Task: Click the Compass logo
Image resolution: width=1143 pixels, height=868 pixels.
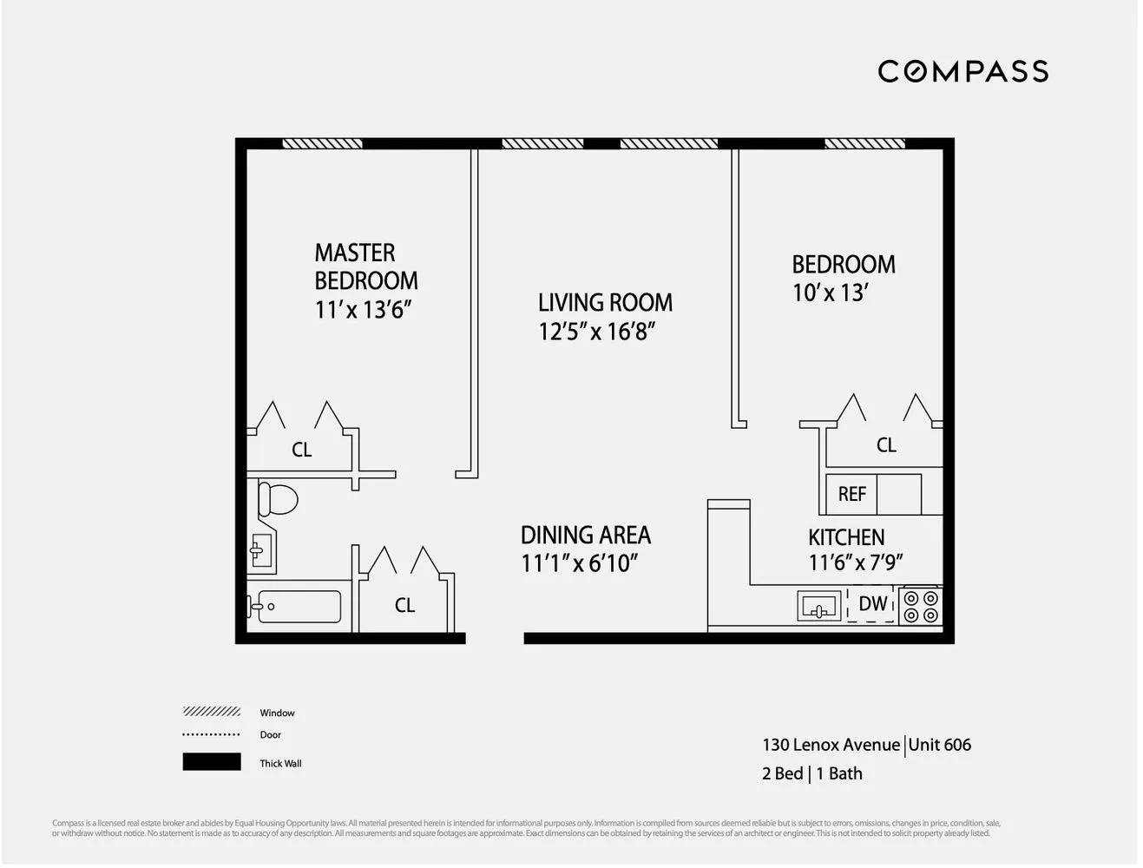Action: (962, 71)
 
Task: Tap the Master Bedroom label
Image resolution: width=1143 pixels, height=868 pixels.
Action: (365, 266)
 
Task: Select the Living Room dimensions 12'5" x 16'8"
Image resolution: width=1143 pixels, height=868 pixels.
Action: (596, 332)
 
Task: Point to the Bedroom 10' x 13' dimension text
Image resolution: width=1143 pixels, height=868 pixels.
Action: (830, 293)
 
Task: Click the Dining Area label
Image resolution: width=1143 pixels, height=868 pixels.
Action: (586, 535)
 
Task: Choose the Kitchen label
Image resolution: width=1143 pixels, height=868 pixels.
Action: (846, 537)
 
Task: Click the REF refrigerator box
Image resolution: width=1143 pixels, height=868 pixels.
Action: (851, 494)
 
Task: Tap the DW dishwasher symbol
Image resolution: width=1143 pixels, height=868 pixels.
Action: (872, 604)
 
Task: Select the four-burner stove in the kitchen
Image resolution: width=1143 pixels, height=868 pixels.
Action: (921, 606)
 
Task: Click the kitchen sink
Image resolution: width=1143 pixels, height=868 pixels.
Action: (818, 606)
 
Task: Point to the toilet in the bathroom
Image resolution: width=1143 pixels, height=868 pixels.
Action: (276, 499)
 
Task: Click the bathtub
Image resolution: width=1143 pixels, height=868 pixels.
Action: (295, 607)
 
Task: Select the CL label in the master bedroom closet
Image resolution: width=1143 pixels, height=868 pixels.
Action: (301, 450)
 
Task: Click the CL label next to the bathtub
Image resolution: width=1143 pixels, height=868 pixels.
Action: (404, 605)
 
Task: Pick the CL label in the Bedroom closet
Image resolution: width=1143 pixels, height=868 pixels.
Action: (886, 445)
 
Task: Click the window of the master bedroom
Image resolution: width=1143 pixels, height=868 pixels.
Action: (322, 143)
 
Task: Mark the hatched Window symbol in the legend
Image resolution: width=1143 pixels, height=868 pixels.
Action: (212, 712)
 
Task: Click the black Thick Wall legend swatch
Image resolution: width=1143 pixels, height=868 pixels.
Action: (212, 762)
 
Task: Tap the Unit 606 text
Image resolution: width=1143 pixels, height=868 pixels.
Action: (940, 745)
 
